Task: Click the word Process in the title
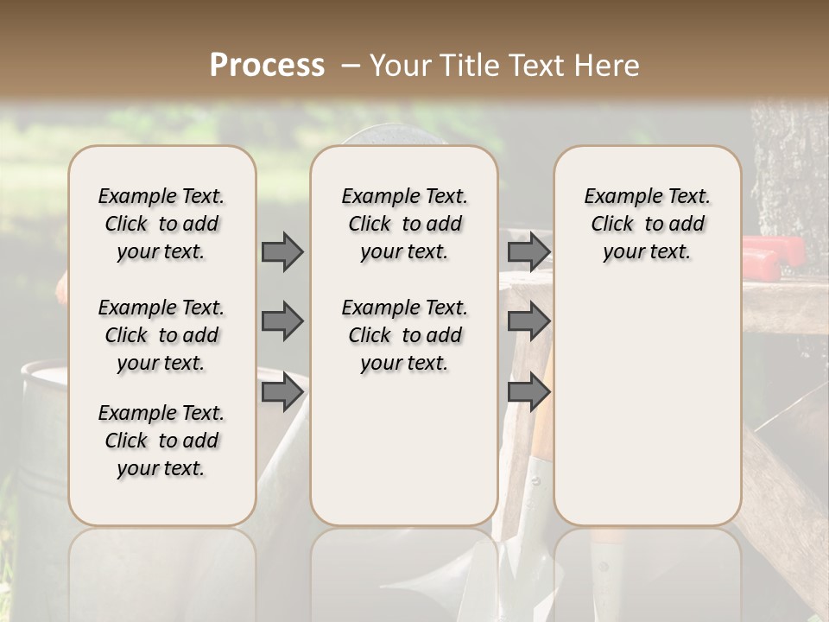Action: click(x=267, y=66)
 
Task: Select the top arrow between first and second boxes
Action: click(x=282, y=251)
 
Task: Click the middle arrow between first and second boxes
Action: click(x=282, y=321)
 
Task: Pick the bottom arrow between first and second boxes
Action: click(x=282, y=393)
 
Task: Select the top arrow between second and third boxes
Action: click(x=528, y=251)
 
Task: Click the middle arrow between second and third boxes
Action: click(x=528, y=321)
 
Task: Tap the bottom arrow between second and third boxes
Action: click(x=528, y=393)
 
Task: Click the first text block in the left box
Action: click(x=161, y=224)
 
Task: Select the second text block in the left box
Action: click(x=161, y=335)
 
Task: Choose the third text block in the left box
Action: click(x=161, y=441)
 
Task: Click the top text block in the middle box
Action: click(x=404, y=224)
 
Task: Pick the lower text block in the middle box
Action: click(x=404, y=335)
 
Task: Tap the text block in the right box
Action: click(x=647, y=224)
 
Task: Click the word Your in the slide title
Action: click(x=401, y=66)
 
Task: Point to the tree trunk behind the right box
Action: click(x=790, y=173)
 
